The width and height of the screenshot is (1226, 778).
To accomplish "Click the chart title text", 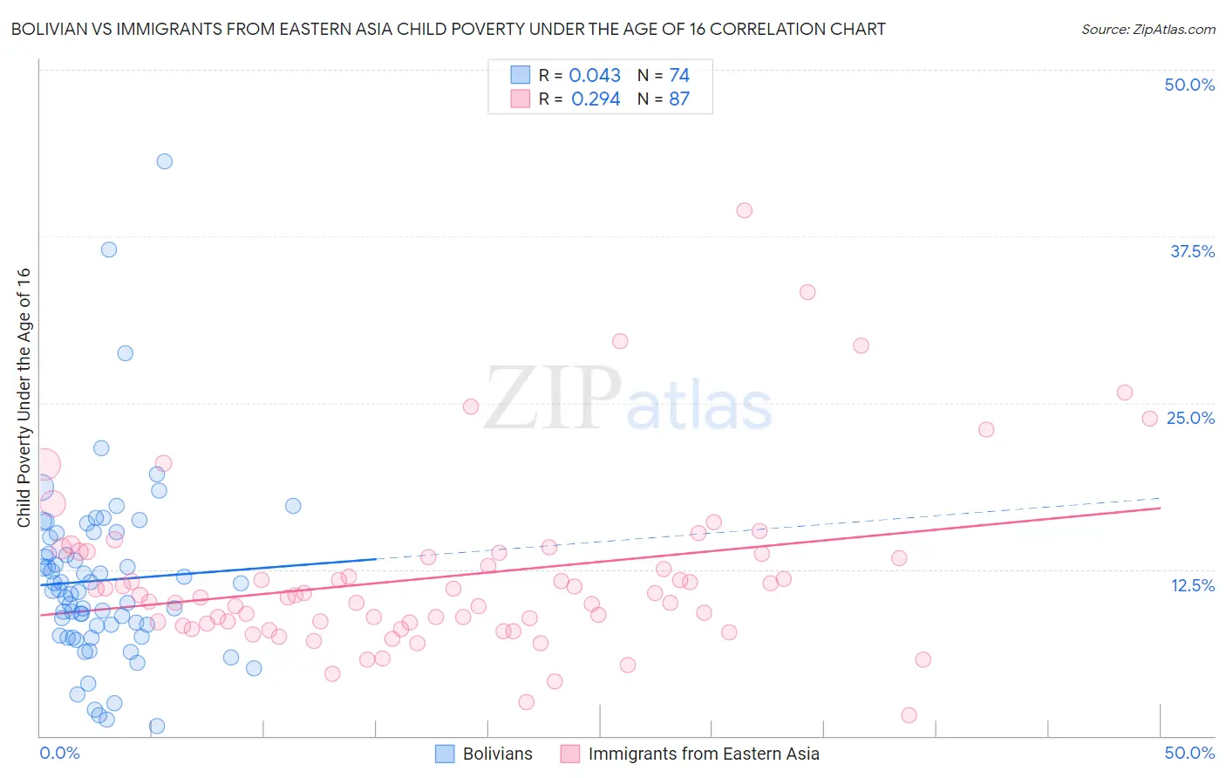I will pyautogui.click(x=448, y=30).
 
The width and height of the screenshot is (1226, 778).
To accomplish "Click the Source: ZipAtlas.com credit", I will pyautogui.click(x=1148, y=30).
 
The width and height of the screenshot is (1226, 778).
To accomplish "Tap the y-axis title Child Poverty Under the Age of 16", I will pyautogui.click(x=24, y=398).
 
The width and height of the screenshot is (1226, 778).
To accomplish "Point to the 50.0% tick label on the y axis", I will pyautogui.click(x=1189, y=85).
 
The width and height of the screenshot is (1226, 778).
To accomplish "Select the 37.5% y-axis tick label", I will pyautogui.click(x=1192, y=251).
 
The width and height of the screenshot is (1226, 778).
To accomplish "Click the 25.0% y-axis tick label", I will pyautogui.click(x=1190, y=418).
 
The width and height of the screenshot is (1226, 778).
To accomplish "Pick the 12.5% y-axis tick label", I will pyautogui.click(x=1192, y=585).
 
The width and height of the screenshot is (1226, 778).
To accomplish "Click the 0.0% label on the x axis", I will pyautogui.click(x=59, y=753).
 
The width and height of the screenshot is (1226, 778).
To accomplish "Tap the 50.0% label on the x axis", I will pyautogui.click(x=1189, y=753).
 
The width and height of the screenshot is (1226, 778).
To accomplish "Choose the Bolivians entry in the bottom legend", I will pyautogui.click(x=497, y=754).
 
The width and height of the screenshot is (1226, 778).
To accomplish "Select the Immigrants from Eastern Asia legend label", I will pyautogui.click(x=704, y=754).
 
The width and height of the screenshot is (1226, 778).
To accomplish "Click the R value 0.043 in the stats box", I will pyautogui.click(x=595, y=76).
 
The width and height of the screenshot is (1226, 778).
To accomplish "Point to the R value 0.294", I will pyautogui.click(x=596, y=99).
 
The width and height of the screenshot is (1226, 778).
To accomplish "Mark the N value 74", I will pyautogui.click(x=679, y=76).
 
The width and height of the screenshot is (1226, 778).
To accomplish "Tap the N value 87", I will pyautogui.click(x=679, y=99).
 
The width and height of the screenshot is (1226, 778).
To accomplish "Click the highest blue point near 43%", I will pyautogui.click(x=164, y=161).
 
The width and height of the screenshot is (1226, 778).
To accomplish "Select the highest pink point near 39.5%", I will pyautogui.click(x=744, y=210).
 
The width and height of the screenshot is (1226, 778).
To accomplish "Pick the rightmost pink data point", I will pyautogui.click(x=1149, y=419).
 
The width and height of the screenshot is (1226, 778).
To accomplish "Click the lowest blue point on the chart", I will pyautogui.click(x=157, y=726).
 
